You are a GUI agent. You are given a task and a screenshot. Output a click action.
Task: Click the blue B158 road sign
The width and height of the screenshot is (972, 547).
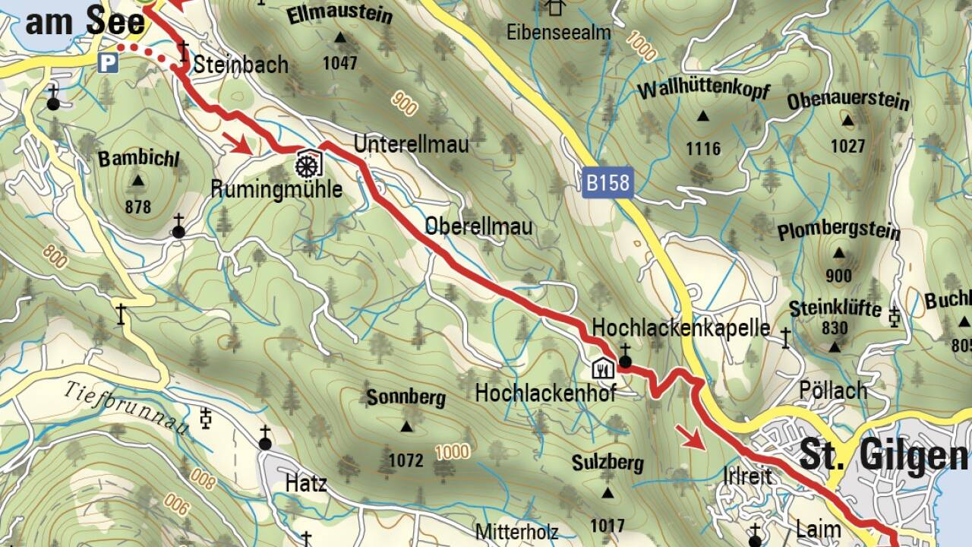click(x=607, y=183)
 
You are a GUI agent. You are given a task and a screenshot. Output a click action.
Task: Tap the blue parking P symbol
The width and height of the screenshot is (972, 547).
click(x=108, y=62)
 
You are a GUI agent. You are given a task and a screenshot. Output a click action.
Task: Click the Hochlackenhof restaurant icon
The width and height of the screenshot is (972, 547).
click(x=602, y=369)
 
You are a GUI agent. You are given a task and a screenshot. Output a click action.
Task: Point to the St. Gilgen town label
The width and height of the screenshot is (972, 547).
click(x=884, y=456)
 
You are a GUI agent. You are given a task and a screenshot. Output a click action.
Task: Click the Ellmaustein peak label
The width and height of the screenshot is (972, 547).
click(x=339, y=15)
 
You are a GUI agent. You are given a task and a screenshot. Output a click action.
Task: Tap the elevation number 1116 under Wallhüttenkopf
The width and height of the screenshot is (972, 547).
click(x=703, y=148)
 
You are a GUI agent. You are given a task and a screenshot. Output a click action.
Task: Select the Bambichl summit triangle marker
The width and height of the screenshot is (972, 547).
click(x=137, y=181)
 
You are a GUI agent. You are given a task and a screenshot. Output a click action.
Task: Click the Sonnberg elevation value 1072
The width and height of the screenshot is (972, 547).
click(x=405, y=460)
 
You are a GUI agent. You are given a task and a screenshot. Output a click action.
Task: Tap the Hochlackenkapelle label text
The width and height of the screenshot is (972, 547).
click(x=681, y=328)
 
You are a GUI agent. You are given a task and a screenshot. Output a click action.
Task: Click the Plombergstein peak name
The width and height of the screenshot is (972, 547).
click(x=838, y=232)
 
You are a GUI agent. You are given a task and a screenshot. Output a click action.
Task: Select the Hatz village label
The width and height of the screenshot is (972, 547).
click(x=306, y=482)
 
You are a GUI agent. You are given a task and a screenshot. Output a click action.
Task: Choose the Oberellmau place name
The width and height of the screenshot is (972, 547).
click(x=478, y=226)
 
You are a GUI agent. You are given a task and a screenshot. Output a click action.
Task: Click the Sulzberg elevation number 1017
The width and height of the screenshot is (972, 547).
click(x=607, y=525)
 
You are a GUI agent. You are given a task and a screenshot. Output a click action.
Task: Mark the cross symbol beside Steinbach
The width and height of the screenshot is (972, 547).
click(x=183, y=52)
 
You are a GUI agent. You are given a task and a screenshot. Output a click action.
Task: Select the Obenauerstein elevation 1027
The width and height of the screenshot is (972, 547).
click(x=847, y=146)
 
